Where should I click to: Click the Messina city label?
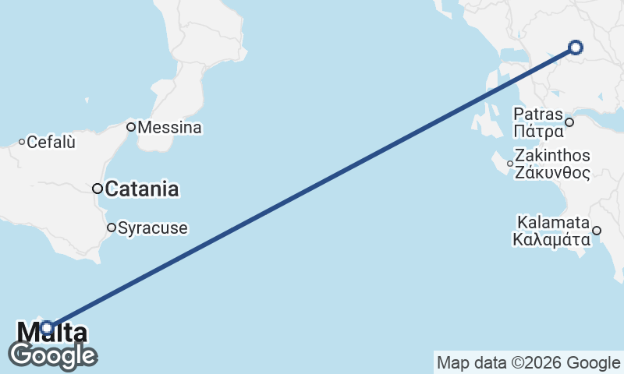coord(169,127)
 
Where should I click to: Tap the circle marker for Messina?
coord(132,126)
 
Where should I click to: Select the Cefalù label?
coord(51,143)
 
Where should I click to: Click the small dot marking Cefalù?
coord(22,142)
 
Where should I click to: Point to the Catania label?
coord(142,189)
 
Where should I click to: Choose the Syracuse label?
coord(153,228)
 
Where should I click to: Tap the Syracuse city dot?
coord(112,228)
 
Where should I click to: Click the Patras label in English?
coord(538,115)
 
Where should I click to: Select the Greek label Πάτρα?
coord(538,129)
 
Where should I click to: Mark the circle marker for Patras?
coord(569,122)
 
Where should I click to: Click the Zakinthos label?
coord(552,157)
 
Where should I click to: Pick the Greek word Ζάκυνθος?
coord(552,172)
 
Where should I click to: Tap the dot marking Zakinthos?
coord(510,164)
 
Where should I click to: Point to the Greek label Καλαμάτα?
coord(551,239)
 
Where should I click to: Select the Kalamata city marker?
coord(597,230)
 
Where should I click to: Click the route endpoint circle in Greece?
coord(576,48)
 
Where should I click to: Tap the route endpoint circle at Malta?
coord(48,328)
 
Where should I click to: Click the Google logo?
coord(52,355)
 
